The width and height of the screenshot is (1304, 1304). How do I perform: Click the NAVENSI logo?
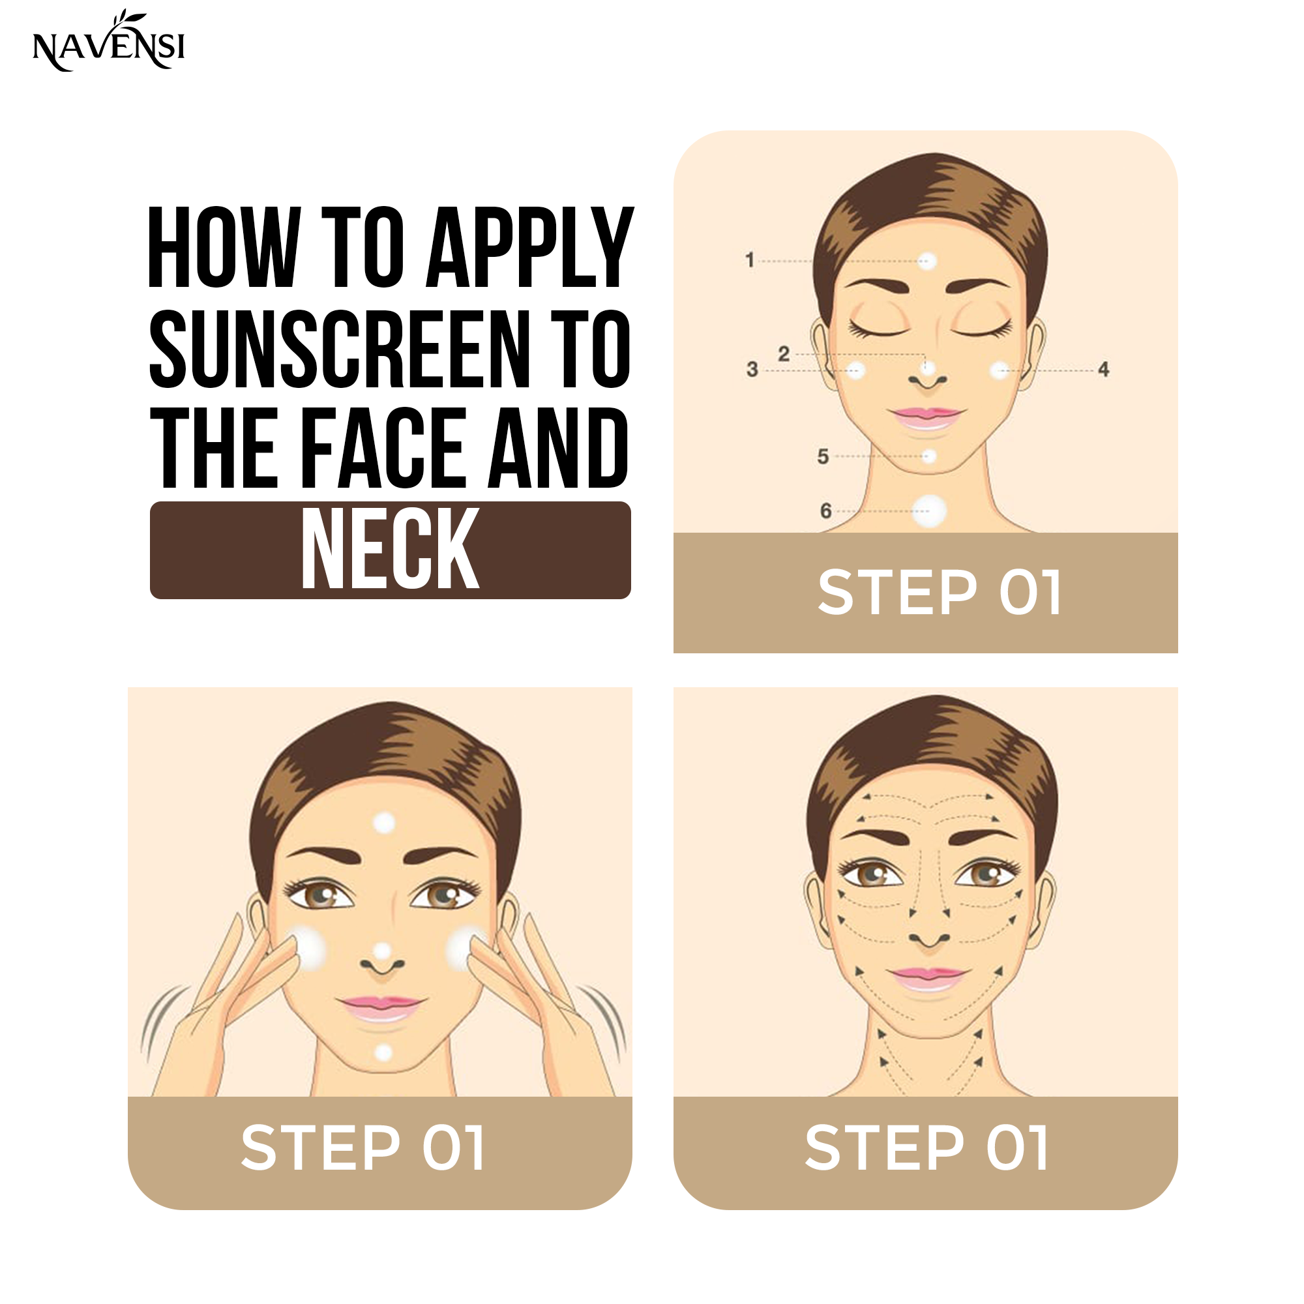109,41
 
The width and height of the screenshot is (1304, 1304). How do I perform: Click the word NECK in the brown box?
390,550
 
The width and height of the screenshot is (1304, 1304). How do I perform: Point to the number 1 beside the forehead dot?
750,260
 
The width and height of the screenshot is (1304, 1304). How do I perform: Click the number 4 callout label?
1104,369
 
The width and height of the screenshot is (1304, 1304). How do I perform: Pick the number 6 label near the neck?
825,511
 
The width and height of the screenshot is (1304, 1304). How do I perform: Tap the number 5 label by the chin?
823,457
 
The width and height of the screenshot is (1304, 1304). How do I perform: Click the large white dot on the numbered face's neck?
928,511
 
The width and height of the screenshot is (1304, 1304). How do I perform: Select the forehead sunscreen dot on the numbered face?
928,261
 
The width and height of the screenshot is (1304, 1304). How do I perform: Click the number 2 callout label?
784,353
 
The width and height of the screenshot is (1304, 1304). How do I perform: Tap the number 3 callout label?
752,369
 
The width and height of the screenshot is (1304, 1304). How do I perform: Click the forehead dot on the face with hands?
384,823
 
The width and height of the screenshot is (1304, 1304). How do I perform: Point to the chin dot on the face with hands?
383,1052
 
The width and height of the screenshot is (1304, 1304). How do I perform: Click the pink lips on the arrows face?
928,977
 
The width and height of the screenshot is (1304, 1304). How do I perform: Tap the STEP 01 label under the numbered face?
940,592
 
